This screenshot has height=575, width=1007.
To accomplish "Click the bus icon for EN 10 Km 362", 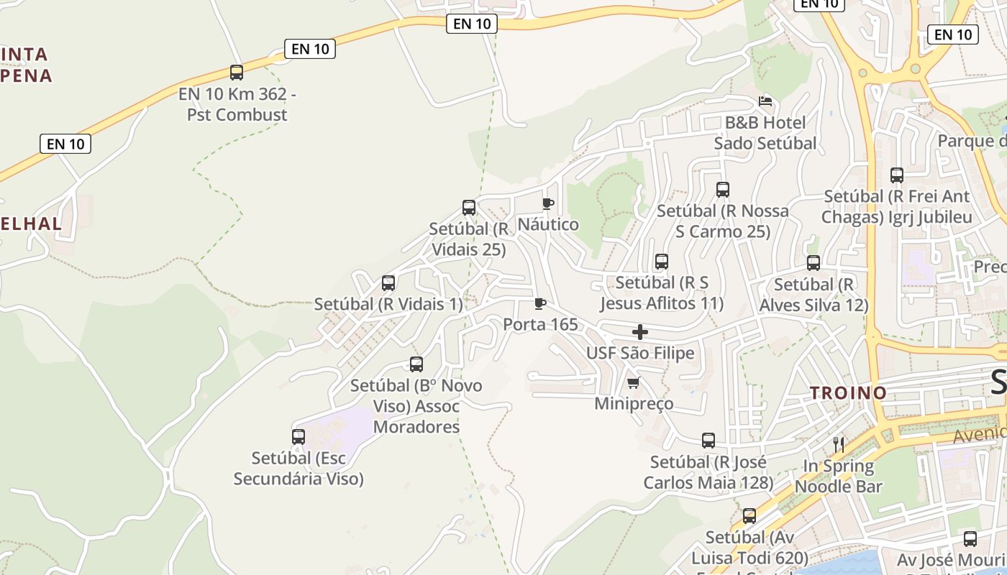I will (237, 73).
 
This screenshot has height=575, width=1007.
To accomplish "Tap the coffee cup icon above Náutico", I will (547, 203).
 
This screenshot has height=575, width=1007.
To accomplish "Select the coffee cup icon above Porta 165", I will (539, 303).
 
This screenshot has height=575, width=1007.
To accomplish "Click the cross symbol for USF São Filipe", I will (639, 332).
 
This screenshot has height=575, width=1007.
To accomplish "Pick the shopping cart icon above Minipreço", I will (633, 382).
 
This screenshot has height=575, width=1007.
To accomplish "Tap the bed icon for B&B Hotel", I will (765, 101).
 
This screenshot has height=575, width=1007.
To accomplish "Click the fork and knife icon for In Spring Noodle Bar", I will (838, 444).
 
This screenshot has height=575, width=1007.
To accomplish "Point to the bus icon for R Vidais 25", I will (469, 208).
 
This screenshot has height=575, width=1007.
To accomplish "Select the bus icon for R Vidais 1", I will (388, 283).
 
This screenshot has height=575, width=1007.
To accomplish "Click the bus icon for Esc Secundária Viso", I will (299, 437).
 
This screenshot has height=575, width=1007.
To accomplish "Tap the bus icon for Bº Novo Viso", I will (416, 364).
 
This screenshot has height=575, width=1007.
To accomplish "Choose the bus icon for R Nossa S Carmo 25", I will (723, 190).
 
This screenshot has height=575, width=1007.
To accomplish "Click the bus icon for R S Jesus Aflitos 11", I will (662, 262).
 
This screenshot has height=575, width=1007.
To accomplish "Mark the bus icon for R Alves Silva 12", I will (814, 263).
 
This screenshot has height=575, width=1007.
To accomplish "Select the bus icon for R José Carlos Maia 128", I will (708, 441).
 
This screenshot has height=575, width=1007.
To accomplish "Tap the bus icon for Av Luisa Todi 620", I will (749, 516).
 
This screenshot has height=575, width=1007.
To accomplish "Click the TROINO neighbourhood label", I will (848, 393).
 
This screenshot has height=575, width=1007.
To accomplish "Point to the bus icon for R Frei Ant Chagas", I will (897, 175).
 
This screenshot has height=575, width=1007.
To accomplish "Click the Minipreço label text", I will (634, 404).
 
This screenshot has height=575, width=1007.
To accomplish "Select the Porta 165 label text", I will (540, 325).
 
